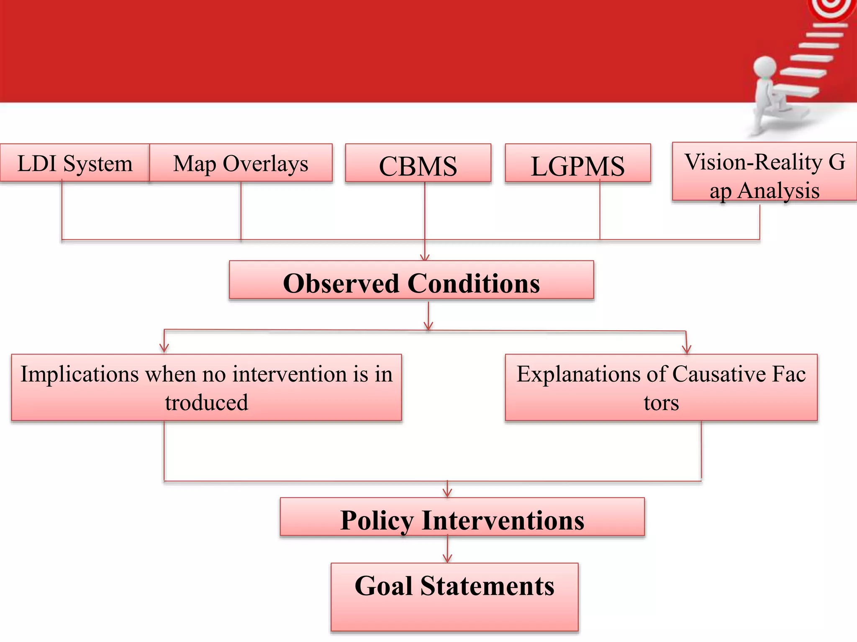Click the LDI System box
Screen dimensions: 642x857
(74, 163)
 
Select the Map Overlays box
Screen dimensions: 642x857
(241, 163)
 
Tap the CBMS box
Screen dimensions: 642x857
(418, 164)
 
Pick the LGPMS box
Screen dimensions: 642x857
(578, 164)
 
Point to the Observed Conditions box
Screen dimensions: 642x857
(411, 280)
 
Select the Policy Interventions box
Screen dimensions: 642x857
(462, 517)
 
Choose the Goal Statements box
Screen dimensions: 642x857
(454, 597)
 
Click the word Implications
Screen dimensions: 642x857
(80, 374)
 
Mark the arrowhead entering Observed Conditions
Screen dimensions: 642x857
(425, 257)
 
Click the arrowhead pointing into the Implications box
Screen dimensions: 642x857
(164, 349)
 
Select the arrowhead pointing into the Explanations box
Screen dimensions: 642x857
(686, 349)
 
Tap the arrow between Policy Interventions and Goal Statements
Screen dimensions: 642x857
(447, 550)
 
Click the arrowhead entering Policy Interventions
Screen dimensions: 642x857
(447, 493)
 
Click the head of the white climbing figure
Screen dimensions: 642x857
(765, 67)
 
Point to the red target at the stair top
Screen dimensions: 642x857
(833, 8)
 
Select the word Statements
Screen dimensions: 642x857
(488, 586)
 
